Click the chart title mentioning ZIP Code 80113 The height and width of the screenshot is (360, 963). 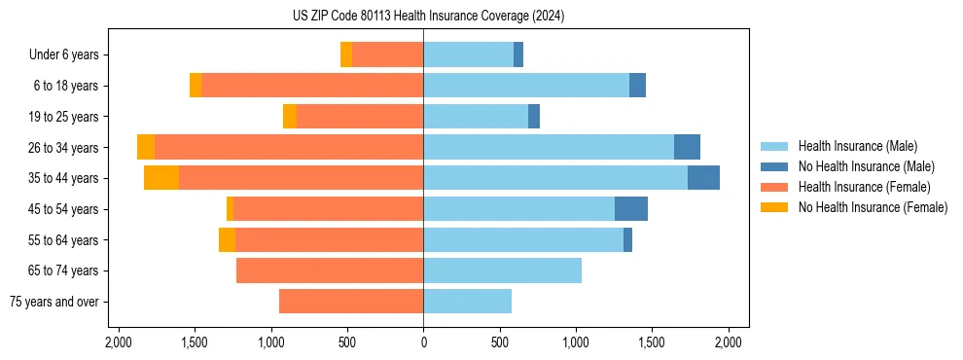click(428, 17)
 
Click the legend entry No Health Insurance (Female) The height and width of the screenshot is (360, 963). click(873, 207)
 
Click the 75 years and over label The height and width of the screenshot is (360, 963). click(54, 302)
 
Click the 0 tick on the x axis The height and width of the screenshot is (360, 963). click(423, 342)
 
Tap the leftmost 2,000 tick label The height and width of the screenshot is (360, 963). click(118, 342)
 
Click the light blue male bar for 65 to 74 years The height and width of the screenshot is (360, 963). click(502, 270)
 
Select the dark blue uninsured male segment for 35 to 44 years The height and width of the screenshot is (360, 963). click(703, 178)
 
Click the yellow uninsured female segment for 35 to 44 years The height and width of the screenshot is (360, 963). click(161, 178)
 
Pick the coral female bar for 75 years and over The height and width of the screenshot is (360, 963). click(350, 302)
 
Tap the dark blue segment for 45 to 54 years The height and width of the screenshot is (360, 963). click(631, 209)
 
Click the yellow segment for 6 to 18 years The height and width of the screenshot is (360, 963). click(196, 86)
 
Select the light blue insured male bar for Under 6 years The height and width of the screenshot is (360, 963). click(468, 55)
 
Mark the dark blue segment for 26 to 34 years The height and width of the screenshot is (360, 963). click(687, 147)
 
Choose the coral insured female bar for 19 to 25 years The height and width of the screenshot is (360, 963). click(359, 117)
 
